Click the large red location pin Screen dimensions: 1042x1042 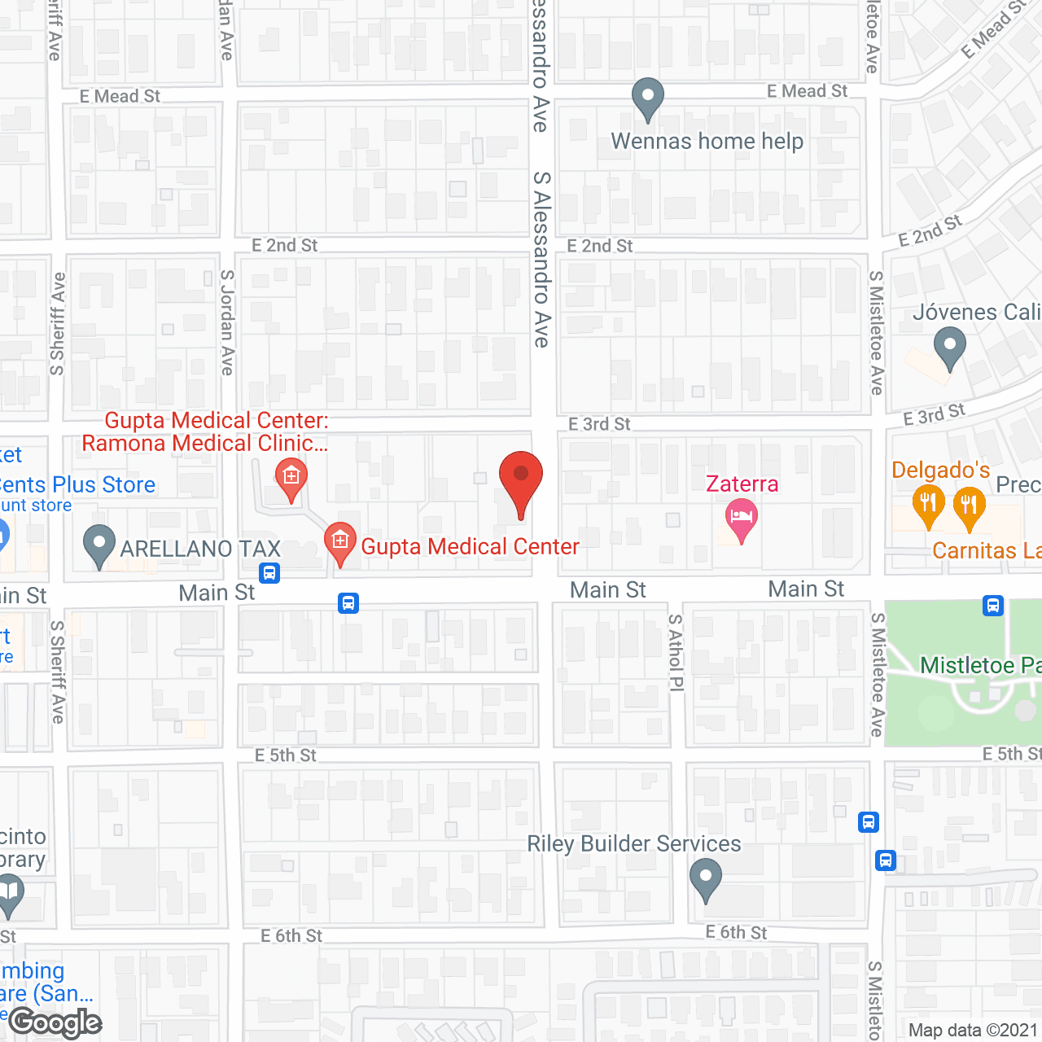pos(520,481)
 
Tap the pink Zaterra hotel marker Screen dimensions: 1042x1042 pos(741,519)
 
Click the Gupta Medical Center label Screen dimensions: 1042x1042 pos(470,546)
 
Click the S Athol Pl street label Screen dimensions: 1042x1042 pos(676,652)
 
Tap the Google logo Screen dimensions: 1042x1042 pos(55,1022)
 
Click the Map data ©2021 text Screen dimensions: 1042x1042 pos(974,1030)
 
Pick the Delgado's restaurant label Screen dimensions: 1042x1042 pos(940,471)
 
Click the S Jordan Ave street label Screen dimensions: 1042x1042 pos(227,322)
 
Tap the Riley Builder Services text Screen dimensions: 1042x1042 pos(634,843)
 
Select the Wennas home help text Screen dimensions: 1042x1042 pos(707,142)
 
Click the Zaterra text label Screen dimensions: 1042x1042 pos(742,484)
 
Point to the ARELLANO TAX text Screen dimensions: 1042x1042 pos(200,549)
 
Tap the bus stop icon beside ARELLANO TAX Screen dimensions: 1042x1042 pos(270,572)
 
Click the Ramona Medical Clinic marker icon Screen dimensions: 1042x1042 pos(291,478)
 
